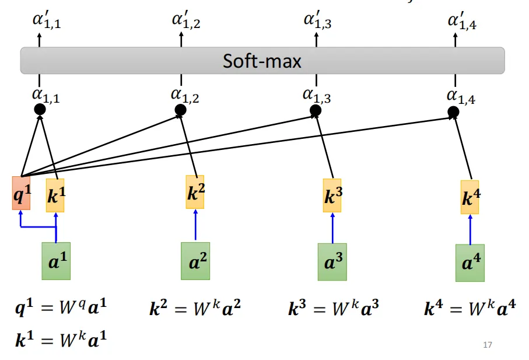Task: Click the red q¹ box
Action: (x=21, y=193)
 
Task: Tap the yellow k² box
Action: (x=195, y=193)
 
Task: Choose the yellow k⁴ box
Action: (x=470, y=197)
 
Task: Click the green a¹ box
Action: (x=56, y=261)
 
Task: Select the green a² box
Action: (x=195, y=261)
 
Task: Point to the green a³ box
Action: (x=332, y=262)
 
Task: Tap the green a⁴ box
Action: (x=470, y=263)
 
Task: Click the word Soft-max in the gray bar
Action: (x=262, y=61)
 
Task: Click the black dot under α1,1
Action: (x=40, y=109)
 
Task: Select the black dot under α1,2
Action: (x=180, y=110)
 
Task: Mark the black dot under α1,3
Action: (x=316, y=110)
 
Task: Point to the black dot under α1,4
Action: (x=453, y=111)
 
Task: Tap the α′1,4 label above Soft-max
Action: (x=461, y=22)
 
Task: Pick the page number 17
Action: (x=488, y=345)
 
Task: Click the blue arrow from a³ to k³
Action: (x=332, y=228)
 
